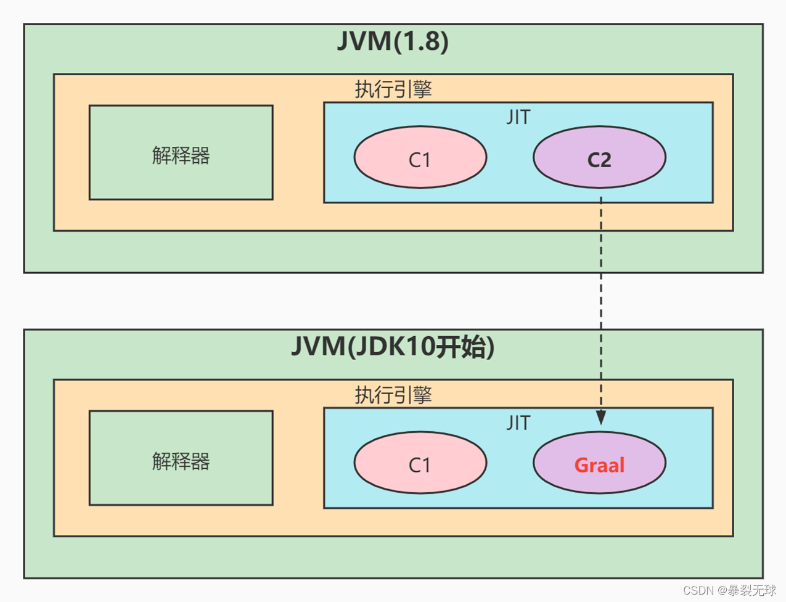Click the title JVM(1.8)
(x=393, y=41)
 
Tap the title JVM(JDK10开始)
(x=393, y=347)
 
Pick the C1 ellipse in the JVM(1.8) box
(x=420, y=158)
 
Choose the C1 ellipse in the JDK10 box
(x=420, y=463)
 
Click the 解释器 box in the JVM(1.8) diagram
(x=181, y=153)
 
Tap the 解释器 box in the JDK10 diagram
(x=181, y=458)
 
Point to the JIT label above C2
(x=518, y=117)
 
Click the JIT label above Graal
(x=518, y=423)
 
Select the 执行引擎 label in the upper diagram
(x=393, y=89)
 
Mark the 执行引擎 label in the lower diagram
(x=393, y=395)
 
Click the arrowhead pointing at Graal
(x=601, y=418)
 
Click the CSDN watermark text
(x=698, y=590)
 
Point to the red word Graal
(x=599, y=465)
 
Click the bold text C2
(x=599, y=160)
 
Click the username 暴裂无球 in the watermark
(x=752, y=590)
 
